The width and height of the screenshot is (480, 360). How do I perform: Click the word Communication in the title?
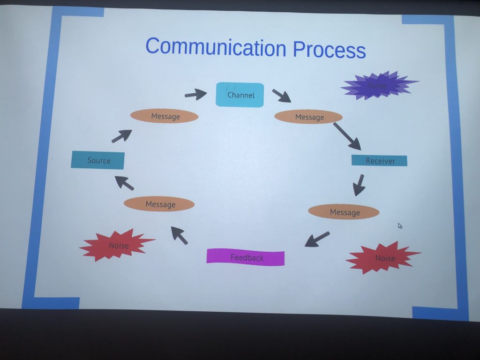point(216,47)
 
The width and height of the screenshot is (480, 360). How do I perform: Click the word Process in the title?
point(330,49)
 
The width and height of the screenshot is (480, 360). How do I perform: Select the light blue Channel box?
point(240,95)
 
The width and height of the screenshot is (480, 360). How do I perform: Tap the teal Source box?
point(97,160)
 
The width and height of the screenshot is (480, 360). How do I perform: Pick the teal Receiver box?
point(379,161)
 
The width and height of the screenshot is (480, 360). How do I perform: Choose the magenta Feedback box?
point(246,257)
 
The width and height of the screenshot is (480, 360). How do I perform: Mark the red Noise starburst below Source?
point(117,245)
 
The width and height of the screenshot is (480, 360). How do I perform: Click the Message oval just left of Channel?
point(165,116)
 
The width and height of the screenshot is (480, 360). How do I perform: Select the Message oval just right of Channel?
point(308,117)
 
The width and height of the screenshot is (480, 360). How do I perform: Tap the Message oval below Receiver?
point(344,212)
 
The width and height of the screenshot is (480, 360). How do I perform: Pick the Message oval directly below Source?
point(159,204)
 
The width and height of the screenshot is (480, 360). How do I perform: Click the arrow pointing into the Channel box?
point(196,94)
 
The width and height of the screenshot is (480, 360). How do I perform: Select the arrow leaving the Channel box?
point(282,96)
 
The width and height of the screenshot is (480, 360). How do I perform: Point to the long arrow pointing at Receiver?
point(347,136)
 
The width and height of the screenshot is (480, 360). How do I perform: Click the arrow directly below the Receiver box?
point(359,186)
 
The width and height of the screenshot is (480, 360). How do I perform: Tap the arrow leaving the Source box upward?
point(122,136)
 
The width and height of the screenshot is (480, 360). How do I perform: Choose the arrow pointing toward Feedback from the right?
point(317,239)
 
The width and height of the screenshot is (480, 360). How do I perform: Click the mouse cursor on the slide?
point(400,225)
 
